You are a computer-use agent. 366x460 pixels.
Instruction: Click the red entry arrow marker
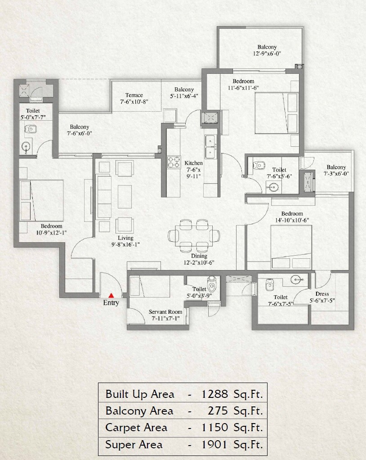pos(111,295)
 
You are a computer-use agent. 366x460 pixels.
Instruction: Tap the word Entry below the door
pos(111,303)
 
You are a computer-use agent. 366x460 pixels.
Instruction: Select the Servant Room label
pos(165,312)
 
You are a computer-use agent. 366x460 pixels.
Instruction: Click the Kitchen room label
pos(193,163)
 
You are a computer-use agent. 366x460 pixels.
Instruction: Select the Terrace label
pos(134,95)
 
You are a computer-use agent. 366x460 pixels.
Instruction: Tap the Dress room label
pos(322,294)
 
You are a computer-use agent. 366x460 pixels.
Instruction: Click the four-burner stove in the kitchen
pos(174,162)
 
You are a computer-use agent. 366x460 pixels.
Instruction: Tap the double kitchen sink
pos(210,146)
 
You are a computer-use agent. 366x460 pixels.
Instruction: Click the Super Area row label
pos(134,445)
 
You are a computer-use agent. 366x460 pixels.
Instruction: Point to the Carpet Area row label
pos(136,428)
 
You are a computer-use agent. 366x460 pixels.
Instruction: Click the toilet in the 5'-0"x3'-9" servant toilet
pos(212,285)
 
